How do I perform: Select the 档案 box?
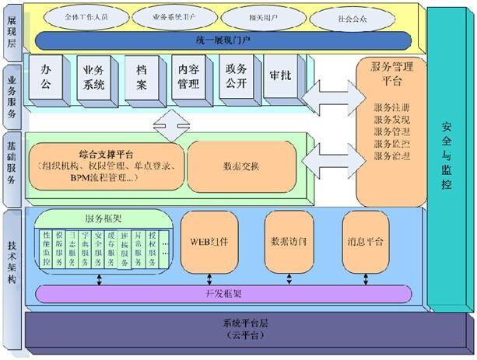tap(140, 77)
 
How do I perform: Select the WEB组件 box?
tap(210, 242)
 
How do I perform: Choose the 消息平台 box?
tap(365, 242)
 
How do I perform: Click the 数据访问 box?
tap(286, 242)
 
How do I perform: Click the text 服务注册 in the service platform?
tap(390, 107)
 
